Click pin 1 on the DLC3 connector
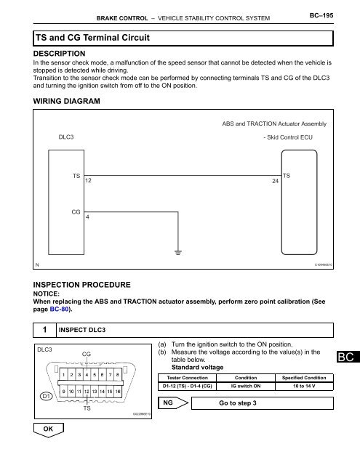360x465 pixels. pyautogui.click(x=65, y=375)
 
